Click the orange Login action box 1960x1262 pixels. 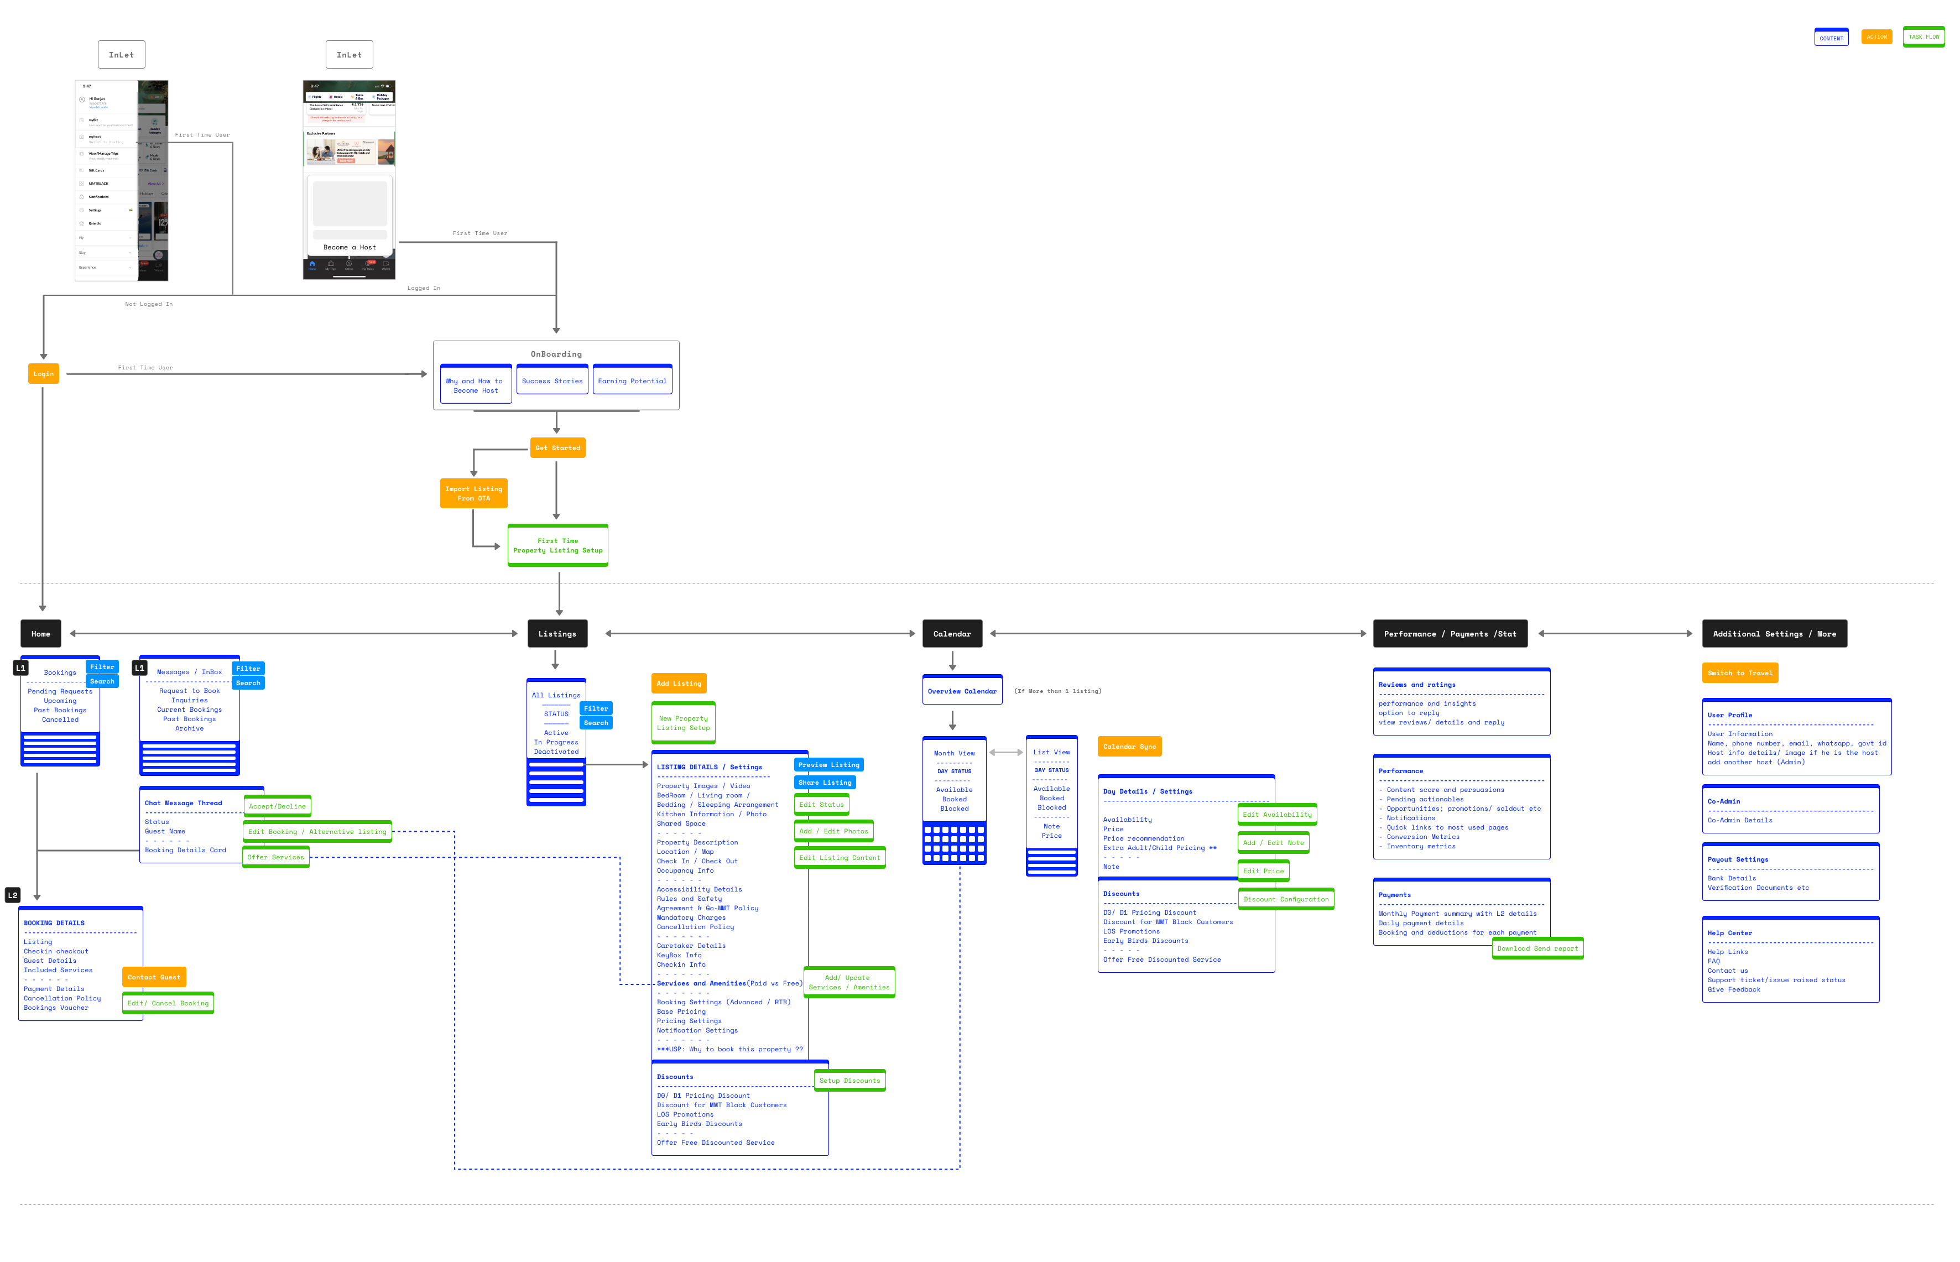click(x=44, y=374)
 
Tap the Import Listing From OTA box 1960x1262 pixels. click(x=473, y=493)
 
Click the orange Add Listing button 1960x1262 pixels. click(x=679, y=684)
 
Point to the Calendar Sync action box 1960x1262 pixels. click(x=1129, y=747)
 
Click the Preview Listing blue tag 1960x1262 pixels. click(x=828, y=765)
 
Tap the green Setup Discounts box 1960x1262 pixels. click(x=849, y=1081)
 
